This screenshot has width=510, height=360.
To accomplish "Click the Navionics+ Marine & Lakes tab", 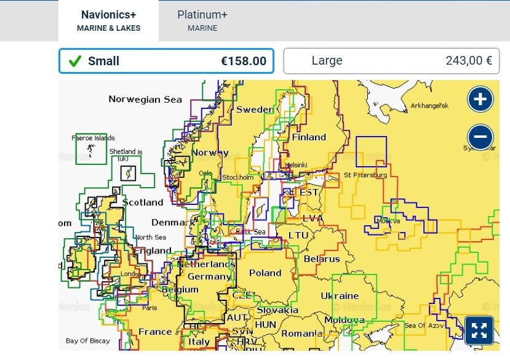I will pos(108,20).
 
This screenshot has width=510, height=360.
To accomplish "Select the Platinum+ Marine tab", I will pos(202,20).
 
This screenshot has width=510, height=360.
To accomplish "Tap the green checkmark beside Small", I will pos(75,61).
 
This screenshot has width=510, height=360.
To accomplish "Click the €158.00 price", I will pos(244,61).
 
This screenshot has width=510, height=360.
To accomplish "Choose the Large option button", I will pos(391,61).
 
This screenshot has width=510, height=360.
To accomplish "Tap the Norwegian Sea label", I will pos(145,99).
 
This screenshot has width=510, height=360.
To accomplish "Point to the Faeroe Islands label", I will pos(94,138).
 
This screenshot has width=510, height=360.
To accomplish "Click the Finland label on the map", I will pos(308,137).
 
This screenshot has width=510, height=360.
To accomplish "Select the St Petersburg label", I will pos(365,175).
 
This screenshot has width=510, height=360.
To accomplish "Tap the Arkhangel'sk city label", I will pos(429,106).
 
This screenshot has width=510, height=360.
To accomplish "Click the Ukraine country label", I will pos(340,296).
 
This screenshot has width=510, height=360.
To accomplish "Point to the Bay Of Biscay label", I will pos(89,340).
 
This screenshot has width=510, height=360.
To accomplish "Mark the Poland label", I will pos(265,273).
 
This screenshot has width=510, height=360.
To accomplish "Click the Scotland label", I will pos(143,202).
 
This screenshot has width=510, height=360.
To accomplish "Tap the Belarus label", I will pos(321,259).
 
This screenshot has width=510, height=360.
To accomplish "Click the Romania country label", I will pos(301,334).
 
